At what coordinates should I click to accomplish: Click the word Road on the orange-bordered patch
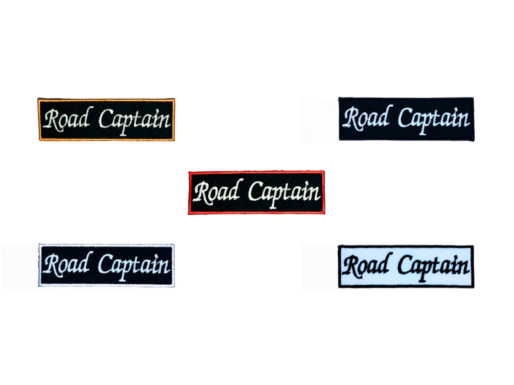(x=67, y=120)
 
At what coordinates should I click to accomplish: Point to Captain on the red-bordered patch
(x=283, y=191)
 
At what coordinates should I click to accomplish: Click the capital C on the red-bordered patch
(x=254, y=191)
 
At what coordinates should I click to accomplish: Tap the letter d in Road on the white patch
(x=384, y=264)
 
